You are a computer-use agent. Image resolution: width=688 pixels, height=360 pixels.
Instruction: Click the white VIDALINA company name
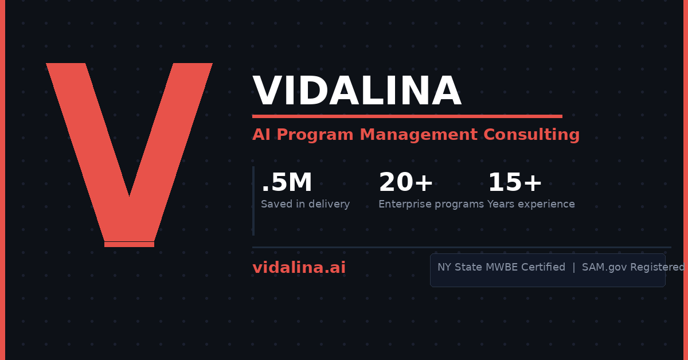357,91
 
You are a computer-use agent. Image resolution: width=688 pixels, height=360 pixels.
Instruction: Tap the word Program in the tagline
315,135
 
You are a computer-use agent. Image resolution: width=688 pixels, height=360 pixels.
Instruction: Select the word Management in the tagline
419,135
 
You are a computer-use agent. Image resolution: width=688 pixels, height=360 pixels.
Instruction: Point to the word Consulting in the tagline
531,135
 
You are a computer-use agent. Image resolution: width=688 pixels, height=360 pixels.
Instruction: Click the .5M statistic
286,182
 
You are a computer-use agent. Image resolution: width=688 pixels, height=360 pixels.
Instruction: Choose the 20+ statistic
406,182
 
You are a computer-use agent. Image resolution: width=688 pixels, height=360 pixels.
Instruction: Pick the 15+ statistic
515,182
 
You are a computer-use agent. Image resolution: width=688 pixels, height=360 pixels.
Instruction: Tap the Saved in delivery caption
305,204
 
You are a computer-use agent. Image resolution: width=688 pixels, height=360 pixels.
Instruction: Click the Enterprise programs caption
431,204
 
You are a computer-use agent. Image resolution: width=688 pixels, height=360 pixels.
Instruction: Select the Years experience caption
531,204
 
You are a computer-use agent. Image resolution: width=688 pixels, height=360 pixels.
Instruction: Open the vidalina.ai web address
299,268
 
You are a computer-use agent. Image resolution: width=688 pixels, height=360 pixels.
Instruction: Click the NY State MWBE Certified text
501,267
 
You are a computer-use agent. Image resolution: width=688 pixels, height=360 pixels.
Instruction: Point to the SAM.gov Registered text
634,267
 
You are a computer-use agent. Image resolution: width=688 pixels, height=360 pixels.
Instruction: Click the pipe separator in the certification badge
574,267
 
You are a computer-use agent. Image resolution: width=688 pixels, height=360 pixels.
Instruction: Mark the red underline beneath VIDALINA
407,116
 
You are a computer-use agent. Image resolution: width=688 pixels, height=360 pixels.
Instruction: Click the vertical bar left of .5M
253,201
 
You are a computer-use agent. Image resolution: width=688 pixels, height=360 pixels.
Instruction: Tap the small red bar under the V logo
130,245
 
